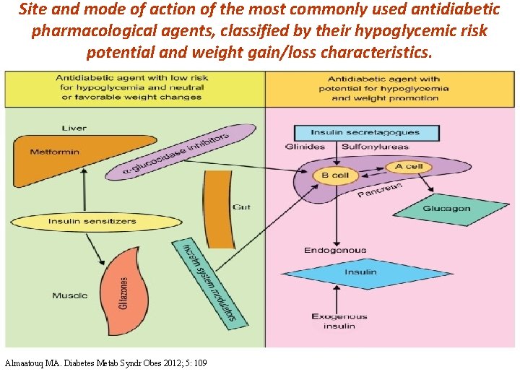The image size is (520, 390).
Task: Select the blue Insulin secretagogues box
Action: point(365,133)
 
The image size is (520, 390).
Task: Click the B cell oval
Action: point(335,175)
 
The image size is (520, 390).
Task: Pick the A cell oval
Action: point(409,166)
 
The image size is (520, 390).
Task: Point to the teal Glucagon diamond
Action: point(446,209)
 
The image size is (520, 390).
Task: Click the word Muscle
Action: point(70,295)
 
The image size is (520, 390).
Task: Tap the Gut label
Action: point(242,207)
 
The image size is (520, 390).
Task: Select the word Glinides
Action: point(305,147)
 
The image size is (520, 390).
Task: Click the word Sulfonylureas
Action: point(374,147)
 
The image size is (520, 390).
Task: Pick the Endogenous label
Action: point(335,251)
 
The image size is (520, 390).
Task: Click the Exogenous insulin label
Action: point(339,321)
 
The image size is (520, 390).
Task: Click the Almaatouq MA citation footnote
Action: point(105,363)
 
